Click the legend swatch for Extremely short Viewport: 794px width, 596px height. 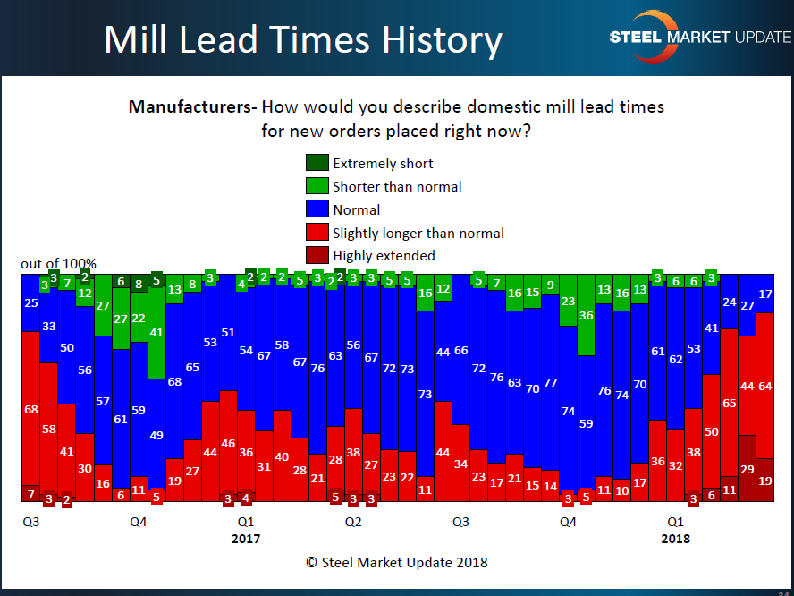coord(317,163)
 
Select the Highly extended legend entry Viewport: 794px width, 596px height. coord(384,256)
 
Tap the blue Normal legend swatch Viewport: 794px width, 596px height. coord(317,209)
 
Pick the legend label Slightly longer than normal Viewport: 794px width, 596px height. coord(418,233)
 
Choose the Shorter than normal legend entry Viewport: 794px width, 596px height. coord(397,186)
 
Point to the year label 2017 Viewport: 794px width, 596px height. coord(246,539)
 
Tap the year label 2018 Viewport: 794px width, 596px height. coord(675,539)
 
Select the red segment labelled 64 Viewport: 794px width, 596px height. coord(765,387)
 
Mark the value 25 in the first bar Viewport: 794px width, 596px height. coord(31,303)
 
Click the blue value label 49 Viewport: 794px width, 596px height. coord(156,436)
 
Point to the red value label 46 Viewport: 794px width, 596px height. coord(228,443)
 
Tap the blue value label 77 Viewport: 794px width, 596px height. coord(550,383)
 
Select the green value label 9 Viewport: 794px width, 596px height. coord(550,285)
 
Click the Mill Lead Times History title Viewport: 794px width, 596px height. coord(303,40)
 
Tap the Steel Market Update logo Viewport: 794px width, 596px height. coord(699,38)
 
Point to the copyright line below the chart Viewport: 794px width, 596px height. coord(397,563)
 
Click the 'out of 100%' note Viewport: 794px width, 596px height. coord(58,264)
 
